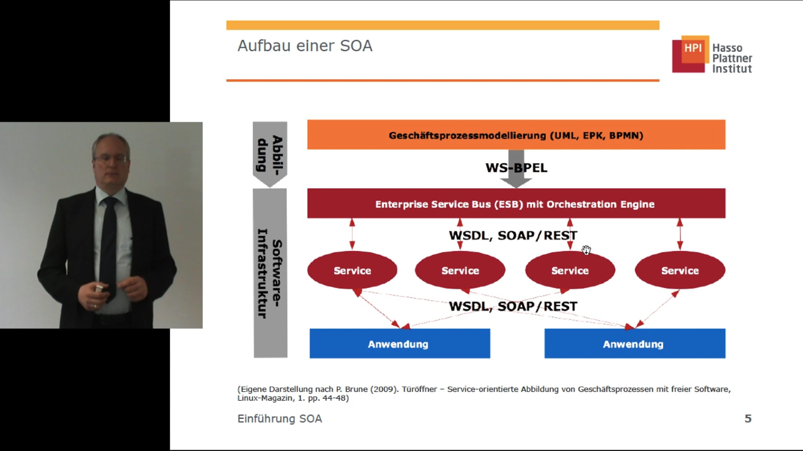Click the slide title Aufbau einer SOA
coord(305,46)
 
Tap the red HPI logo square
coord(690,54)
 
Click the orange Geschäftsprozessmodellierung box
coord(516,135)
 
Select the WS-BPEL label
coord(516,168)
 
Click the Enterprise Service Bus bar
coord(516,204)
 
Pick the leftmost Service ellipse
coord(352,271)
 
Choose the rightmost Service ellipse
coord(680,271)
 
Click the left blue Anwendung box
coord(399,344)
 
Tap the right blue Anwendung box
coord(634,344)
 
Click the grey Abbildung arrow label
coord(270,153)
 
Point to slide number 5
coord(748,418)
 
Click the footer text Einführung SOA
coord(279,418)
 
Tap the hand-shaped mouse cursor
coord(586,250)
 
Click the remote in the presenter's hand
coord(99,289)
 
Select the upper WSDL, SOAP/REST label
coord(513,236)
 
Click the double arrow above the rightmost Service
coord(680,234)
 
